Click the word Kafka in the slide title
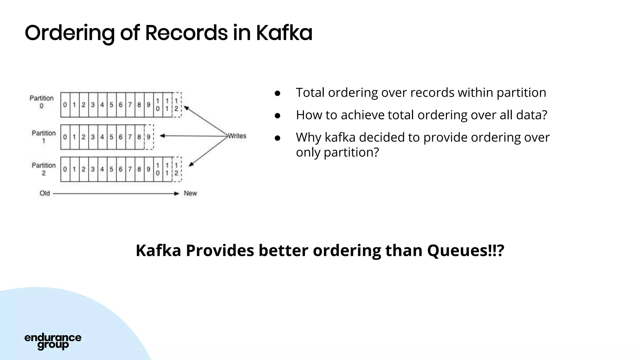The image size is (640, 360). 284,33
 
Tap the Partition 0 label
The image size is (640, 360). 42,102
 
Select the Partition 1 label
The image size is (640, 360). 44,137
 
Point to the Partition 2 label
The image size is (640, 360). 44,169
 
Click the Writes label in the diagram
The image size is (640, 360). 237,136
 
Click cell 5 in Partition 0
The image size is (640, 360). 111,105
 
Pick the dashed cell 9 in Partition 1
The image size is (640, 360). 149,137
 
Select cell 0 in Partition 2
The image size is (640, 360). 65,169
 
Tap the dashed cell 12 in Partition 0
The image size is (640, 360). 177,105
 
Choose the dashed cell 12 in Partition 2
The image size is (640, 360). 177,169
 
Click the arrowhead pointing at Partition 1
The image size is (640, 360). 162,136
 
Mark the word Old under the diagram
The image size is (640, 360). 45,193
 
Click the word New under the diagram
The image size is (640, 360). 190,193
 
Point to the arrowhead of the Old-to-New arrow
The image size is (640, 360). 177,194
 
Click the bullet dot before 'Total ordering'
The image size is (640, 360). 277,93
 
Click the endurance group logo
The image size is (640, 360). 53,341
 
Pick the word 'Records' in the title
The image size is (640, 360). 186,33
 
